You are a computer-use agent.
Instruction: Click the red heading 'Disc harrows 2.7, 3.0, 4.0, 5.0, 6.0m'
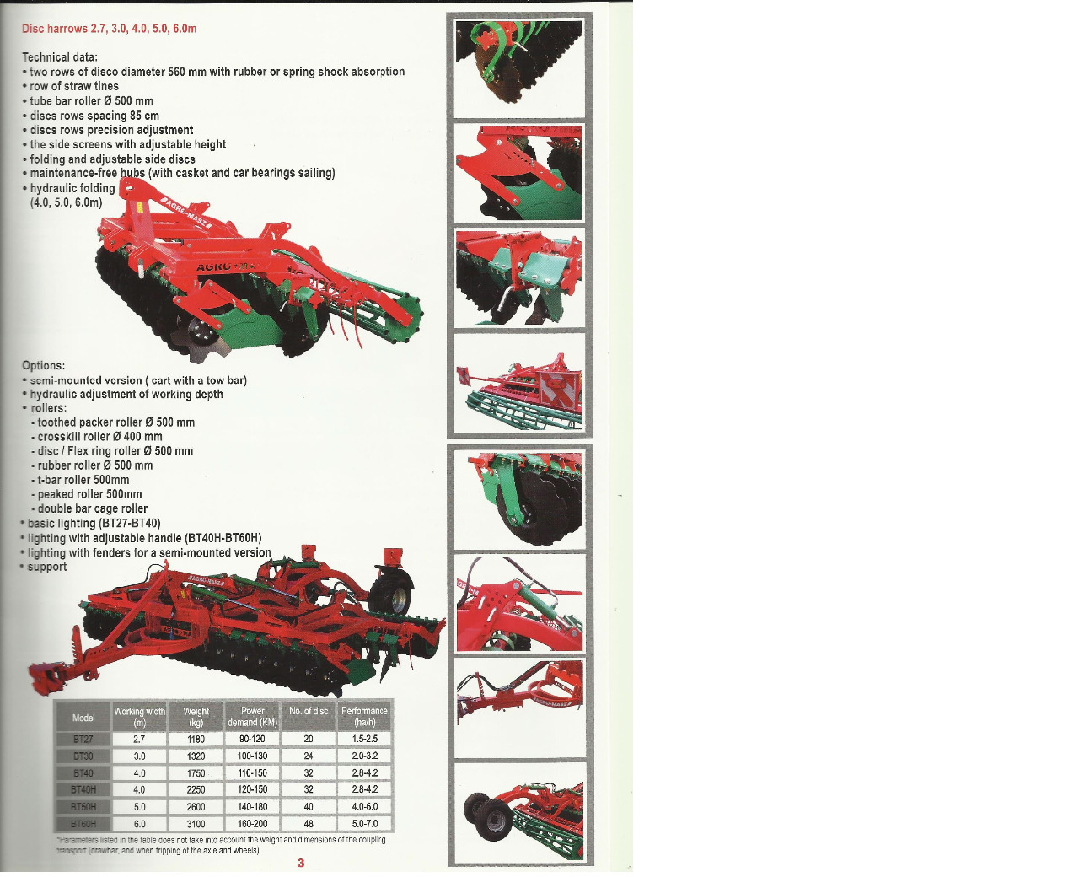point(110,29)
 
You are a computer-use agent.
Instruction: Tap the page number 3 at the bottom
point(301,863)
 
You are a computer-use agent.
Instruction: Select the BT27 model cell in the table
point(83,740)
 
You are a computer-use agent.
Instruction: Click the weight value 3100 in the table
point(196,824)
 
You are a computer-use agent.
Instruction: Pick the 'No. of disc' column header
point(309,712)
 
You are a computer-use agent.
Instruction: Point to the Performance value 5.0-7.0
point(365,824)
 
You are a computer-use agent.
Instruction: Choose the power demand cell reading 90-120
point(252,740)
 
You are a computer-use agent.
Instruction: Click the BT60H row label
point(83,824)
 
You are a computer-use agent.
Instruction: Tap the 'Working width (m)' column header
point(140,717)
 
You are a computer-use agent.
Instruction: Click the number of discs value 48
point(309,824)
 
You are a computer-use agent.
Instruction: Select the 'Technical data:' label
point(60,57)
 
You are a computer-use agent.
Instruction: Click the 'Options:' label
point(44,366)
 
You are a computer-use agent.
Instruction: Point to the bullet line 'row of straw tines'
point(74,86)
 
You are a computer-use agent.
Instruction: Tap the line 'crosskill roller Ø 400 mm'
point(99,437)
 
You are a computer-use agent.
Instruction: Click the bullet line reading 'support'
point(47,567)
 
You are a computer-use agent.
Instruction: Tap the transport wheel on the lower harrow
point(393,595)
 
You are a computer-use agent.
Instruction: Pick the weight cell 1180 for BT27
point(196,740)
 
